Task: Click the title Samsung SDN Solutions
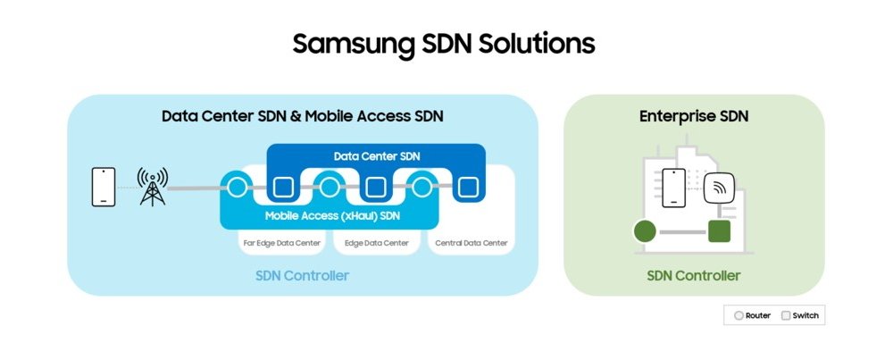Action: pos(444,43)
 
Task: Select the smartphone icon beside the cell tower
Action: pos(103,187)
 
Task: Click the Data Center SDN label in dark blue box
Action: pos(376,156)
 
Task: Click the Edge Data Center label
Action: pos(376,242)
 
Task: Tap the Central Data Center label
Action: pos(471,242)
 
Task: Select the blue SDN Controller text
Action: pos(303,275)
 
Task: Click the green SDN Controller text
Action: pos(694,275)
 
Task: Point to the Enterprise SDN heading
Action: pos(694,116)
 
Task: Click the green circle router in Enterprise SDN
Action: pos(645,232)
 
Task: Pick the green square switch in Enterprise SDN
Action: pos(719,231)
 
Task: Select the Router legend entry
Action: pos(752,315)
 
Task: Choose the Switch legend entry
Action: pos(799,315)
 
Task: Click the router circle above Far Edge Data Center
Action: pos(237,188)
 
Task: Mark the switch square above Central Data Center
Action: pos(467,188)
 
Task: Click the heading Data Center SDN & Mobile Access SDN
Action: pos(303,116)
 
